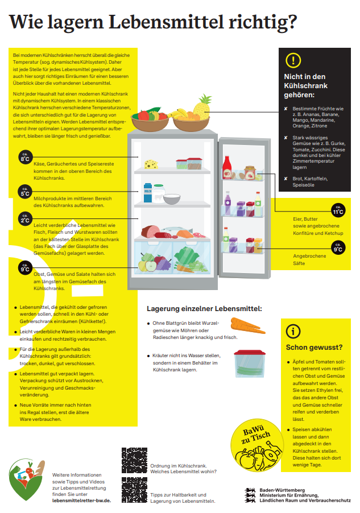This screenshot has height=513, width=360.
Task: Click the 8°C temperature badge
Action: [x=25, y=158]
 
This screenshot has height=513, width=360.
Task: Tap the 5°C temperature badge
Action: [x=25, y=192]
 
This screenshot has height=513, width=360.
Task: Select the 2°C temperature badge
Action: [x=25, y=219]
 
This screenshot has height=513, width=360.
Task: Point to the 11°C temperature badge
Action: [x=338, y=210]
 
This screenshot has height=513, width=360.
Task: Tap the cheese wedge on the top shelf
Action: [x=151, y=164]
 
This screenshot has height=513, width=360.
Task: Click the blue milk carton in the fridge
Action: [x=148, y=193]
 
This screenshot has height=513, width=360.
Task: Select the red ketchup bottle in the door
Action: [x=227, y=167]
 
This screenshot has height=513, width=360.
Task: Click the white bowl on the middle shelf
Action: [x=172, y=199]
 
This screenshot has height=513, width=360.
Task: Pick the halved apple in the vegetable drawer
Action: [x=151, y=266]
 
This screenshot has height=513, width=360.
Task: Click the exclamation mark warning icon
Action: [x=293, y=60]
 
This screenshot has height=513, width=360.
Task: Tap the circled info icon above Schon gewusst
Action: [x=293, y=332]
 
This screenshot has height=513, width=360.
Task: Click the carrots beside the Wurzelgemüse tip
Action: [x=248, y=325]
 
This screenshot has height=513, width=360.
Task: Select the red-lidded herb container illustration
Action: [x=250, y=363]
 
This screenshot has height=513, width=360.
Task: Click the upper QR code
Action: [x=135, y=460]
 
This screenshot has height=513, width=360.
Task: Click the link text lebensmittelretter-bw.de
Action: [x=82, y=500]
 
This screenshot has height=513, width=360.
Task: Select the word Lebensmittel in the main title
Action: [x=167, y=22]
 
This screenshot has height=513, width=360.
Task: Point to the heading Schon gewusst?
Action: [x=314, y=347]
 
